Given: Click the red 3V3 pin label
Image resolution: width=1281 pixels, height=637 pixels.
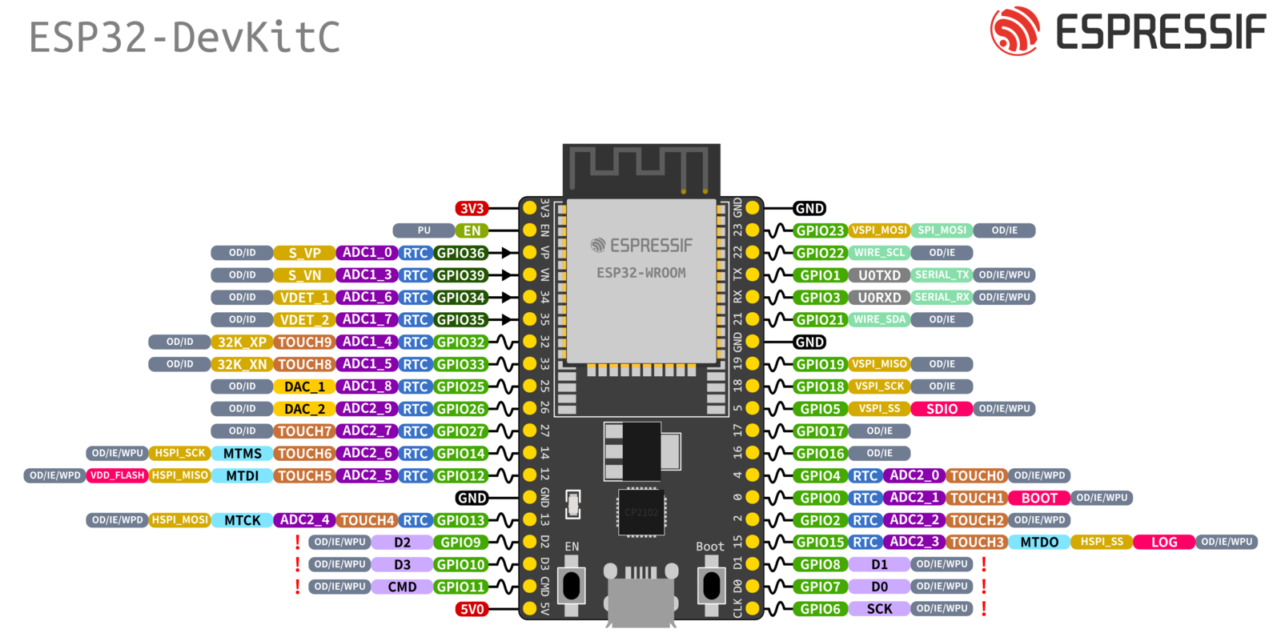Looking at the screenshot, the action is pos(472,208).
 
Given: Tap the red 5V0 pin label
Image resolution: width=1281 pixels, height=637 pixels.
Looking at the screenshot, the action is pos(472,609).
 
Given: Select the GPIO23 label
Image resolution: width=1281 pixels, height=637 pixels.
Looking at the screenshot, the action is pos(820,230).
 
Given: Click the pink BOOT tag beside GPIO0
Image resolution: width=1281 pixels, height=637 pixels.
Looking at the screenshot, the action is pos(1039,498).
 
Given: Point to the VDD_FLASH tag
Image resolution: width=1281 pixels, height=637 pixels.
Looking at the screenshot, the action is pos(117,475).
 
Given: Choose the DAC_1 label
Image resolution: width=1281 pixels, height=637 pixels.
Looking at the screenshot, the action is pos(304,387).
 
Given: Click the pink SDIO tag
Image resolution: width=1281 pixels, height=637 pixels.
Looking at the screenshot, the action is pos(942,409).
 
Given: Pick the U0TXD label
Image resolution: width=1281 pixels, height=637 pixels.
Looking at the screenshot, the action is pos(879,275).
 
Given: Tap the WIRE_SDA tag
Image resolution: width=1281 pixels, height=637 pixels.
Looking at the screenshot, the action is pos(879,319).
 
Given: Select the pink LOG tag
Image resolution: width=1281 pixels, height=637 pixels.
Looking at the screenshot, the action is pos(1164,542).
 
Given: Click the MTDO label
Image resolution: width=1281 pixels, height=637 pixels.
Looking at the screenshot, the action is pos(1039,542).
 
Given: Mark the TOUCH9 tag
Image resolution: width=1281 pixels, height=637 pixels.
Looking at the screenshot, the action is pos(304,342).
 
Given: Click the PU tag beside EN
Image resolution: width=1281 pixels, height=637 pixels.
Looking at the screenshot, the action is pos(424,230).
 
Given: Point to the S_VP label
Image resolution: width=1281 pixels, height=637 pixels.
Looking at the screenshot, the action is pos(304,253).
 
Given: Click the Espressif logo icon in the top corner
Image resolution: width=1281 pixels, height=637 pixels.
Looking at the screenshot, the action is pos(1014,31).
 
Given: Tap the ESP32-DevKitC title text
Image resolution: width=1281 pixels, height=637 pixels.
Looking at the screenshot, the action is pos(184,38).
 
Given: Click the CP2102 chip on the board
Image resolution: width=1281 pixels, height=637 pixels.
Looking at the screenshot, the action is pos(641,512).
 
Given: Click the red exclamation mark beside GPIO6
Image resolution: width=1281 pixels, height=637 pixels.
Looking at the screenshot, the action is pos(984,609).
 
